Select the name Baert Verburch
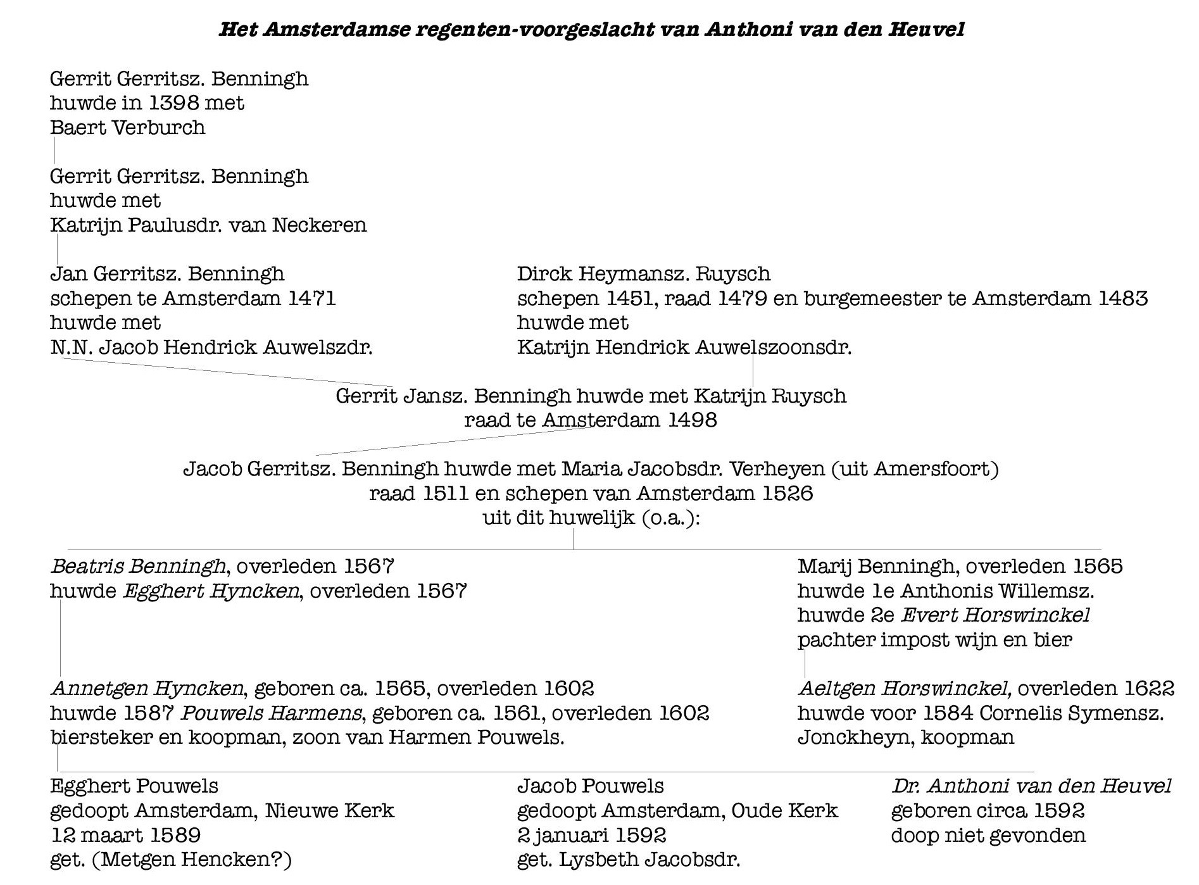point(128,128)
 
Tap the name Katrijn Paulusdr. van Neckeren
point(208,225)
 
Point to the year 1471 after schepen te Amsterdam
point(311,298)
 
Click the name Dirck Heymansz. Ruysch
point(643,274)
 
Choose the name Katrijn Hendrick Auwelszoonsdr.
point(684,348)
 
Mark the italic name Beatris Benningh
point(138,567)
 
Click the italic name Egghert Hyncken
point(210,591)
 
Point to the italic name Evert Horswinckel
point(995,615)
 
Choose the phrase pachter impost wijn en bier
point(934,640)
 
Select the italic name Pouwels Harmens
point(271,713)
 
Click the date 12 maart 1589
point(125,836)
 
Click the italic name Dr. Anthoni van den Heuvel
point(1031,786)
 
